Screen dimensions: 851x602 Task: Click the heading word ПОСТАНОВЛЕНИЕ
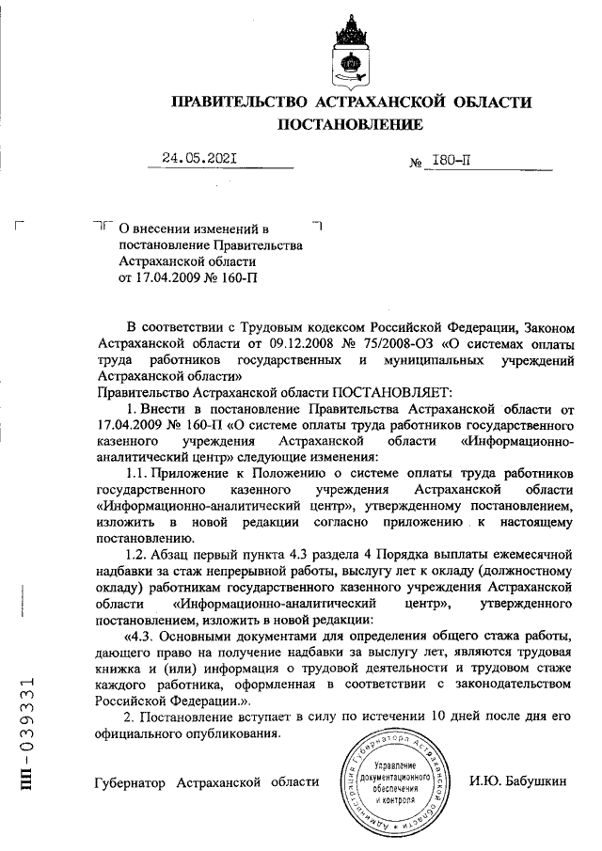click(x=349, y=124)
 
